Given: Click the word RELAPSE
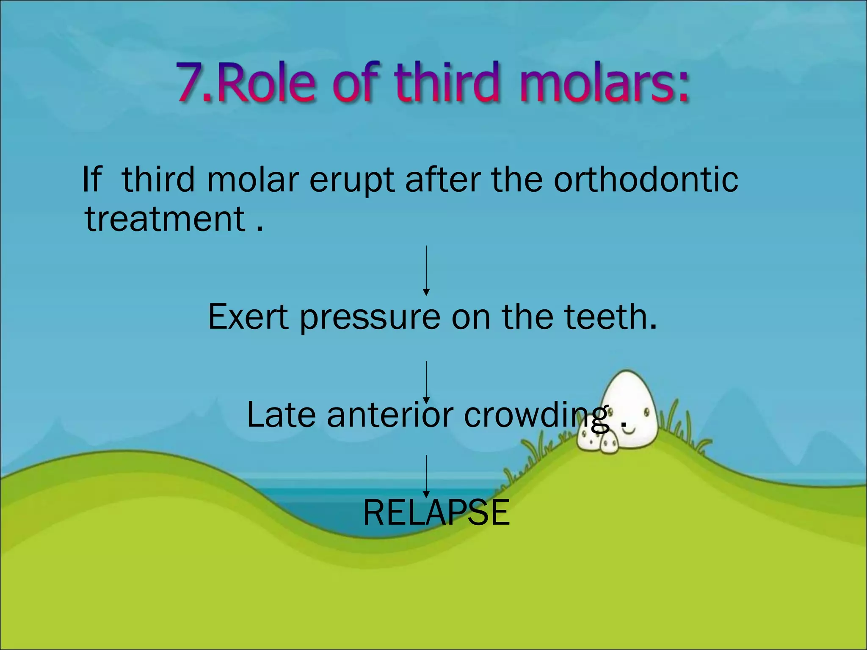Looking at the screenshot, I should pos(436,512).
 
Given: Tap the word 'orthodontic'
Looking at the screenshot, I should pos(646,179).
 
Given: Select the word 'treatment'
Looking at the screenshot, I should pos(165,219).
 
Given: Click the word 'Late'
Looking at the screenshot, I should pos(281,414).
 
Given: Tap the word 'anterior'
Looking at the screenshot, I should pos(390,414).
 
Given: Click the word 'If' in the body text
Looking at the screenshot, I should pos(91,179).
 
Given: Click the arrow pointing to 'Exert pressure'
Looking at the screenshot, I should pos(426,270).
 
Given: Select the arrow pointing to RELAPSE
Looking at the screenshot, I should pos(426,476).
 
